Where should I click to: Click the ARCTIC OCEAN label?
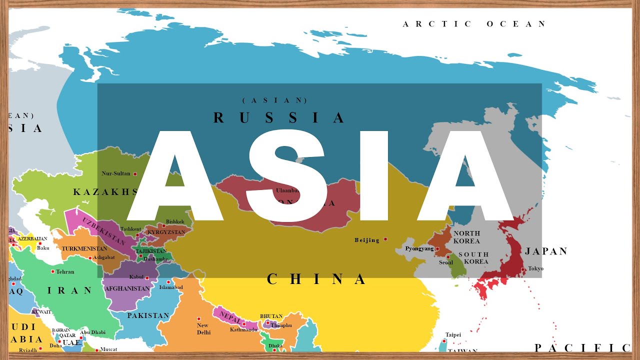pos(474,24)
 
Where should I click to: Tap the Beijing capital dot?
pos(385,239)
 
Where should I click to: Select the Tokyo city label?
pos(535,268)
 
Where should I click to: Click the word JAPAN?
pos(546,251)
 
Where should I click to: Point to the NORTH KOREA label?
pos(466,237)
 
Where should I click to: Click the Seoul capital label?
pos(446,262)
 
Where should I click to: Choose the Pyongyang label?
pos(419,248)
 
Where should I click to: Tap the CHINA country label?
pos(317,279)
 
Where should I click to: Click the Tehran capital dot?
pos(52,271)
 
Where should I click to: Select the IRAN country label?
pos(70,290)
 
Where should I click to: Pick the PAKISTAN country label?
pos(148,315)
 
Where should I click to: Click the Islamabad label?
pos(171,287)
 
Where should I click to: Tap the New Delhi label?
pos(203,329)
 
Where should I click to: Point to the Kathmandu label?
pos(243,330)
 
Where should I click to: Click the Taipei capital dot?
pos(443,341)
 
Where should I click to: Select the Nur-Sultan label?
pos(115,173)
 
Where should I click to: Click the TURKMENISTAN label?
pos(84,248)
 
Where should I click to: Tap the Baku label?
pos(43,248)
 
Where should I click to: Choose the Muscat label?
pos(108,349)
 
